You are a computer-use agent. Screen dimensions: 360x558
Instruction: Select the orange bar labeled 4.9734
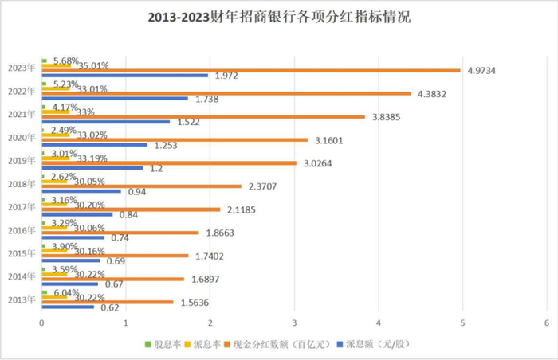(x=251, y=70)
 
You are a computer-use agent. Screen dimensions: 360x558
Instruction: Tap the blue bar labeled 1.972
(x=124, y=76)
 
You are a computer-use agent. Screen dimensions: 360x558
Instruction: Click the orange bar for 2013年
(x=107, y=302)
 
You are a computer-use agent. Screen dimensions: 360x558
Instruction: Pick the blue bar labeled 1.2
(x=92, y=168)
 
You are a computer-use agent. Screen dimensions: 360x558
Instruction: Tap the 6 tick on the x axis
(x=547, y=323)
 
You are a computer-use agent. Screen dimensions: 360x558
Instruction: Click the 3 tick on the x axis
(x=294, y=323)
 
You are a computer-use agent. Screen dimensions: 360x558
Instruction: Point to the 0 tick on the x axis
(x=41, y=323)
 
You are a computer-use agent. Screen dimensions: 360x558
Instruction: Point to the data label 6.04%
(x=65, y=292)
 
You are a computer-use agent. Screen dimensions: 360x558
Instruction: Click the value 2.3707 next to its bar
(x=263, y=187)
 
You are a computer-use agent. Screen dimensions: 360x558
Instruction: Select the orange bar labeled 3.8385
(x=203, y=116)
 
